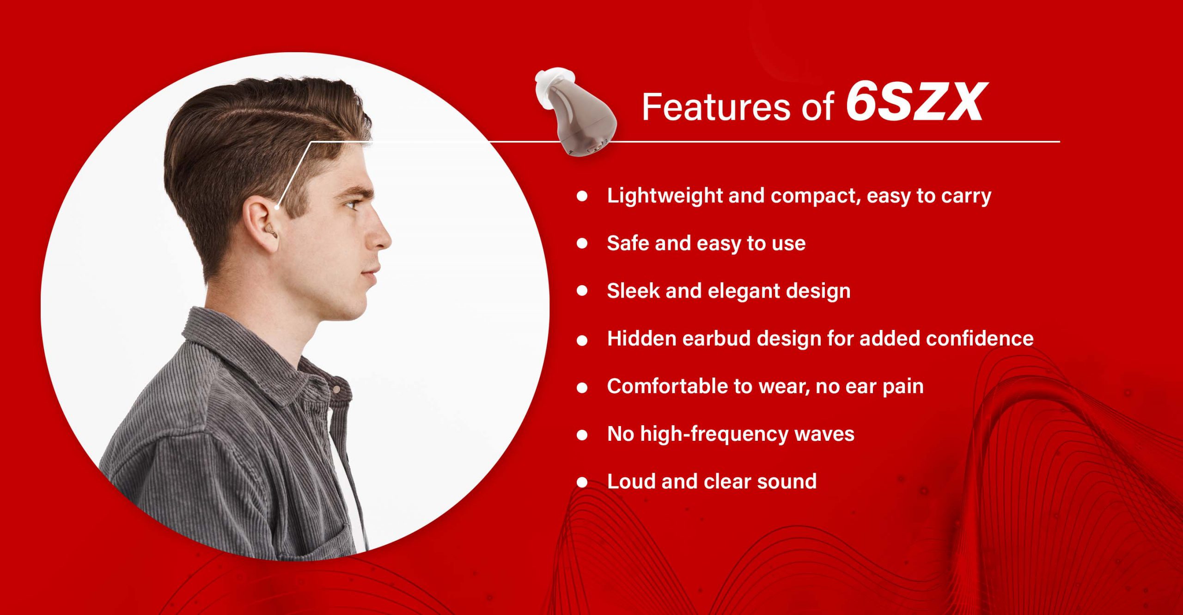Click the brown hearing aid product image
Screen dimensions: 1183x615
[576, 113]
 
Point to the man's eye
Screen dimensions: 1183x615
[352, 204]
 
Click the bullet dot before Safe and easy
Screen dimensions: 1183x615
[582, 244]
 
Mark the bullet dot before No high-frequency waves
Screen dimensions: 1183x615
[582, 435]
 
